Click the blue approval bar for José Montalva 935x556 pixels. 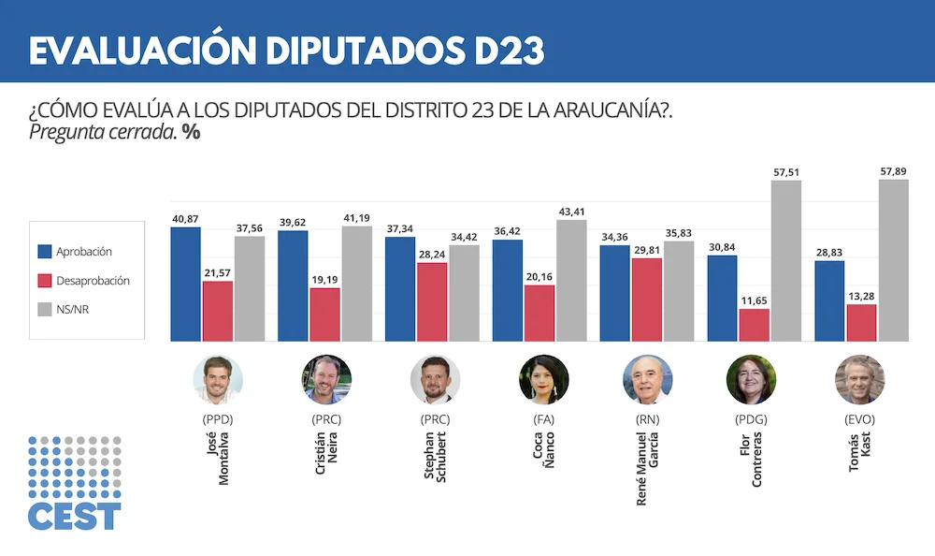[x=185, y=285]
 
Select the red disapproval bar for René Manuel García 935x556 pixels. [x=646, y=300]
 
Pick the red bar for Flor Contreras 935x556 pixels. [x=754, y=325]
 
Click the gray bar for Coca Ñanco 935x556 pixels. [x=571, y=281]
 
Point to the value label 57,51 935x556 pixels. [x=786, y=172]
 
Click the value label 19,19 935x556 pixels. [x=324, y=279]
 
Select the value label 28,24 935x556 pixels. [x=432, y=254]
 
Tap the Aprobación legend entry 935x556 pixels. [x=83, y=252]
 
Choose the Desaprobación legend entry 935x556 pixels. [x=92, y=280]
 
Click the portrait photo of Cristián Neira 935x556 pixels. [x=326, y=379]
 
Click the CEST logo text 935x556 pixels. [x=74, y=516]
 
